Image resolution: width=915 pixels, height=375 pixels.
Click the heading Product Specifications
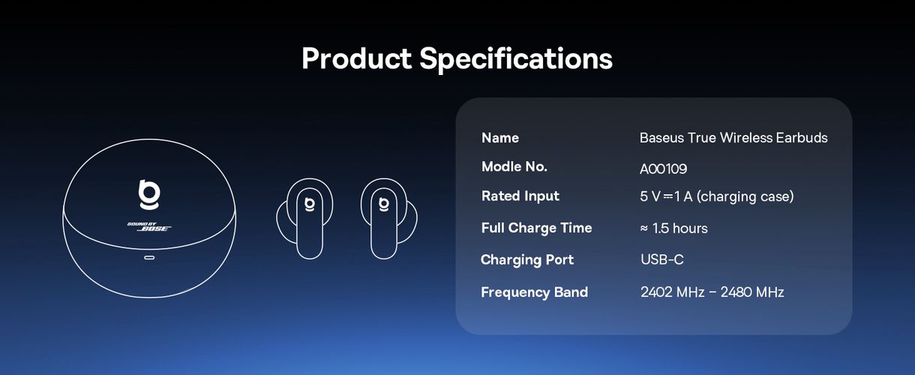point(457,58)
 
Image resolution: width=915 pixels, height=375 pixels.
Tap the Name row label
point(500,138)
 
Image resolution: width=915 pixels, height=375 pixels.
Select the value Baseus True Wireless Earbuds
point(733,138)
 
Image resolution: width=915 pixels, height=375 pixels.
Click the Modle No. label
point(514,166)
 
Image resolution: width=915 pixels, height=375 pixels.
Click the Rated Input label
point(520,196)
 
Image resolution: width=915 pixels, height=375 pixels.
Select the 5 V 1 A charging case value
point(716,196)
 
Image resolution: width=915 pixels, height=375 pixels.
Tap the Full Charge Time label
point(536,228)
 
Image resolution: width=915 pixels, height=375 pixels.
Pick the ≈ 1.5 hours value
point(673,228)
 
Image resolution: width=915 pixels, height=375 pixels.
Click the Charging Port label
point(527,260)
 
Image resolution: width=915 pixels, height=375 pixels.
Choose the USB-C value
point(661,260)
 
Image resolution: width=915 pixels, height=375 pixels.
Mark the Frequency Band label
point(534,292)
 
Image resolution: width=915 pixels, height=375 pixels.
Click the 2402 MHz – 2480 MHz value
point(712,292)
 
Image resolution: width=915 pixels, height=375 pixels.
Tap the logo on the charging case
point(148,194)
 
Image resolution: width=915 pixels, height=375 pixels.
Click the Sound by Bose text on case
point(149,227)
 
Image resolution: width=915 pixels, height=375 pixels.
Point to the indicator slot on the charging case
point(149,258)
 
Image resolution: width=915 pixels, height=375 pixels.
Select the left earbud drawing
point(305,218)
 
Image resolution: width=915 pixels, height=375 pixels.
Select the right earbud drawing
point(388,218)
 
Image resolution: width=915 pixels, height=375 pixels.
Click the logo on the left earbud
point(307,202)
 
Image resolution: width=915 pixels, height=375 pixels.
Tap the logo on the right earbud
point(383,202)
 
